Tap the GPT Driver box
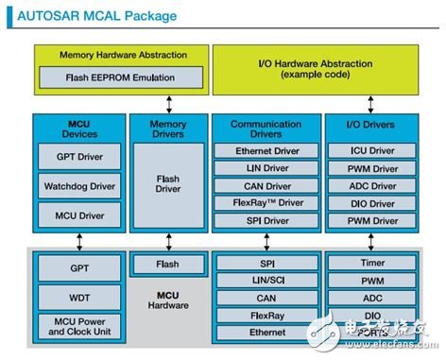click(x=79, y=156)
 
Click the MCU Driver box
click(x=79, y=215)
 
